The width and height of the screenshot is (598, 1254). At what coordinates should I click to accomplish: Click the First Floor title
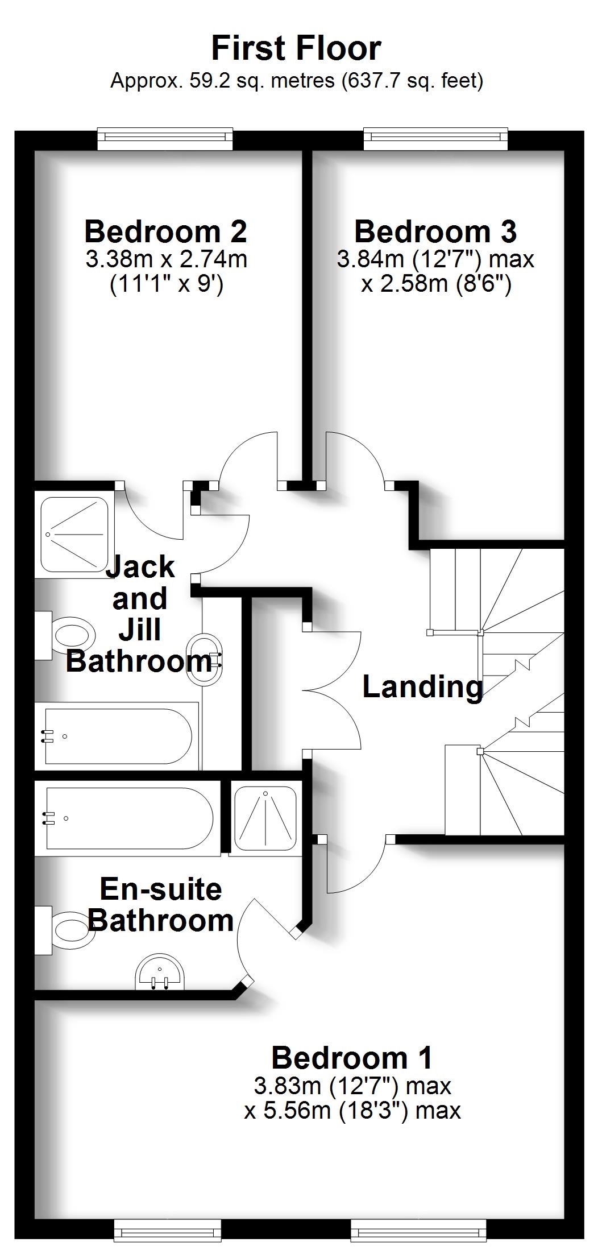296,48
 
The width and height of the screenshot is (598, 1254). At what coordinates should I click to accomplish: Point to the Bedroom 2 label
165,231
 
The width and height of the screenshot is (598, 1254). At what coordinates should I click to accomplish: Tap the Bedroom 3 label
435,231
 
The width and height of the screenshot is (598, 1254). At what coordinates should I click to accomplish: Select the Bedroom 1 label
352,1058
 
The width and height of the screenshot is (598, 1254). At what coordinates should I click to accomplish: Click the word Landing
422,687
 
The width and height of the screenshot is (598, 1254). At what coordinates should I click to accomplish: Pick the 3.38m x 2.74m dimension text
167,259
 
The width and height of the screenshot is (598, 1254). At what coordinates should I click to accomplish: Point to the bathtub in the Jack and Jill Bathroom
117,736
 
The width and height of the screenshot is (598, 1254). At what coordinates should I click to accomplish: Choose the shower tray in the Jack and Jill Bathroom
73,535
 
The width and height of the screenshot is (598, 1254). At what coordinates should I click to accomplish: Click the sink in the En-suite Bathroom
160,974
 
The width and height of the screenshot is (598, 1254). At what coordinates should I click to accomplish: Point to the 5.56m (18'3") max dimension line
352,1110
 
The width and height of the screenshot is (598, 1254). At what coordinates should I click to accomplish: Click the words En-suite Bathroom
161,905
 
